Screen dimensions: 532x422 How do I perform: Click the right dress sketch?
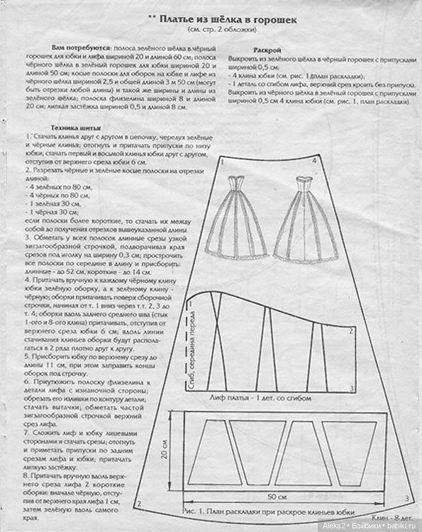[306, 216]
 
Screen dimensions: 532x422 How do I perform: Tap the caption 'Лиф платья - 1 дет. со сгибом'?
[260, 398]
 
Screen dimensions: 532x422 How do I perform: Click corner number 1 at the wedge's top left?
[222, 163]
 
